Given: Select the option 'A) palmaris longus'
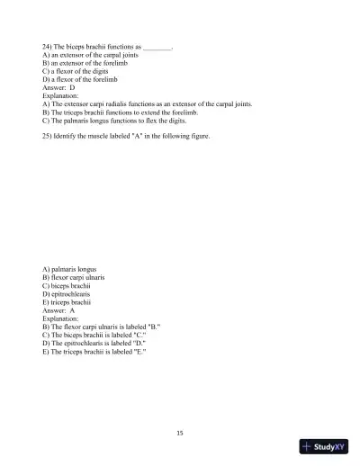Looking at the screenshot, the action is click(x=69, y=269).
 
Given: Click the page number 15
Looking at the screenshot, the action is click(x=180, y=433).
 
